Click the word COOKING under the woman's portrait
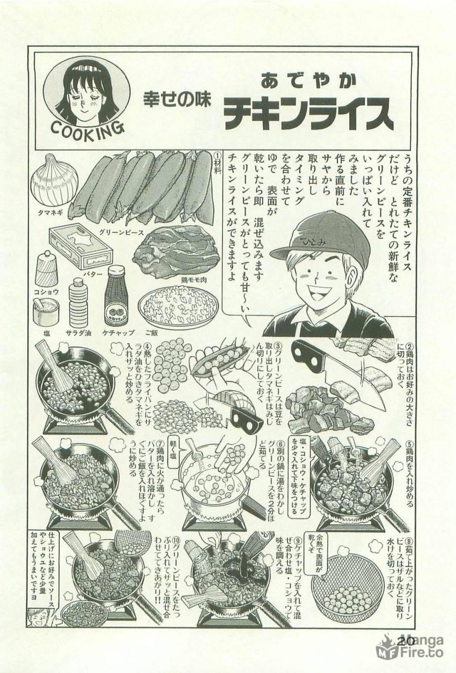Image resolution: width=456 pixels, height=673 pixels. tap(88, 129)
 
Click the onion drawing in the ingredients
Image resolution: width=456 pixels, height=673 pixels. tap(54, 181)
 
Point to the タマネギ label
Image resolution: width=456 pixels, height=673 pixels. tap(50, 213)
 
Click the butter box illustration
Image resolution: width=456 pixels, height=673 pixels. tap(81, 247)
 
